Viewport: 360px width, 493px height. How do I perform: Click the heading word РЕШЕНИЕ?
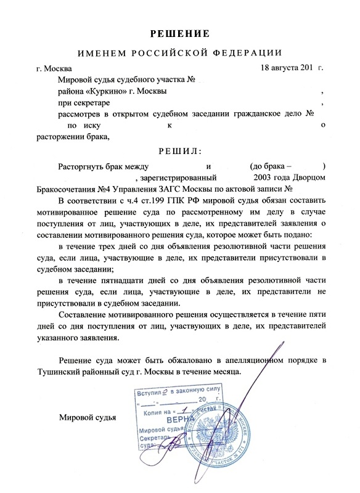181,32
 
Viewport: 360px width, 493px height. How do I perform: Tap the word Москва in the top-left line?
59,68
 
